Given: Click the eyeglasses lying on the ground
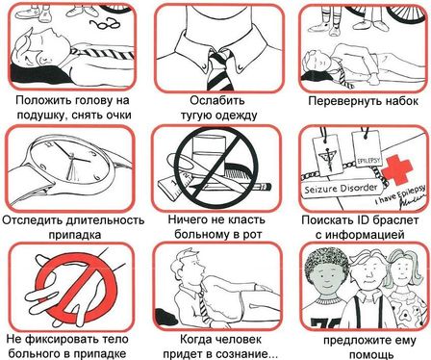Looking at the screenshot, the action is [104, 24].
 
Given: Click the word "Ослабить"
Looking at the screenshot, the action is [216, 100].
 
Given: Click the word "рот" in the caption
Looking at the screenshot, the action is [252, 234].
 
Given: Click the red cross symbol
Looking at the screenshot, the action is [398, 170].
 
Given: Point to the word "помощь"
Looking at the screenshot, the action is [371, 355].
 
